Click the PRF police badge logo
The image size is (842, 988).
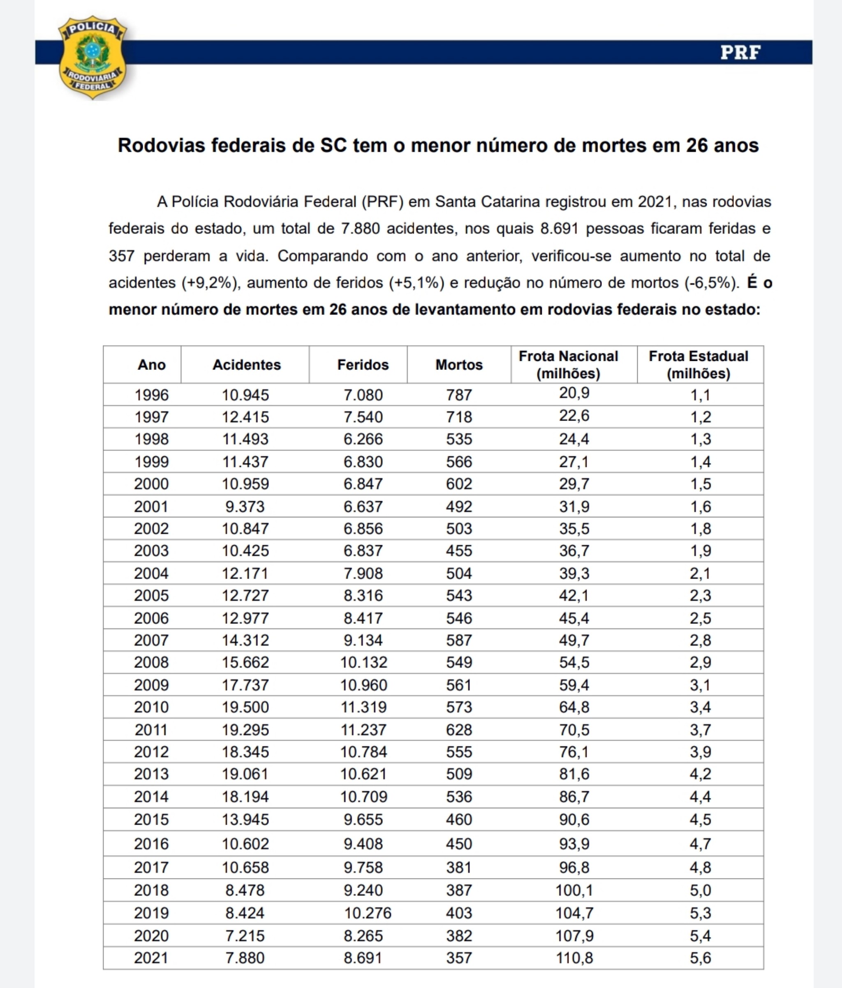point(92,57)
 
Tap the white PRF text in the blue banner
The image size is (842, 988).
point(740,52)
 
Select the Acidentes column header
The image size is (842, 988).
point(246,365)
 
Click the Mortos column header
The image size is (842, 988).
point(459,365)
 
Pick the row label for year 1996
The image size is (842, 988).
point(152,395)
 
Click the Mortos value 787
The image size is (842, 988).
point(459,395)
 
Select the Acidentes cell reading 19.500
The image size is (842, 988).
point(245,707)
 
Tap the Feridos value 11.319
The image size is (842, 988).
point(363,707)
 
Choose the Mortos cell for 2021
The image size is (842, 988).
point(459,958)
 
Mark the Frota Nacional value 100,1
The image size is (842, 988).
point(574,890)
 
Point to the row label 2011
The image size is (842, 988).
point(152,730)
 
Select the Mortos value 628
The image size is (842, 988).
point(459,730)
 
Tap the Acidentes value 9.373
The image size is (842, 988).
point(245,507)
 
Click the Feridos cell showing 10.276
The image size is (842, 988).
point(368,913)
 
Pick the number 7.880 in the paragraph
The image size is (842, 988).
point(360,229)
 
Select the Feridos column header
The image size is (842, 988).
point(363,365)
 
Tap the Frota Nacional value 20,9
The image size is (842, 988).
point(574,393)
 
